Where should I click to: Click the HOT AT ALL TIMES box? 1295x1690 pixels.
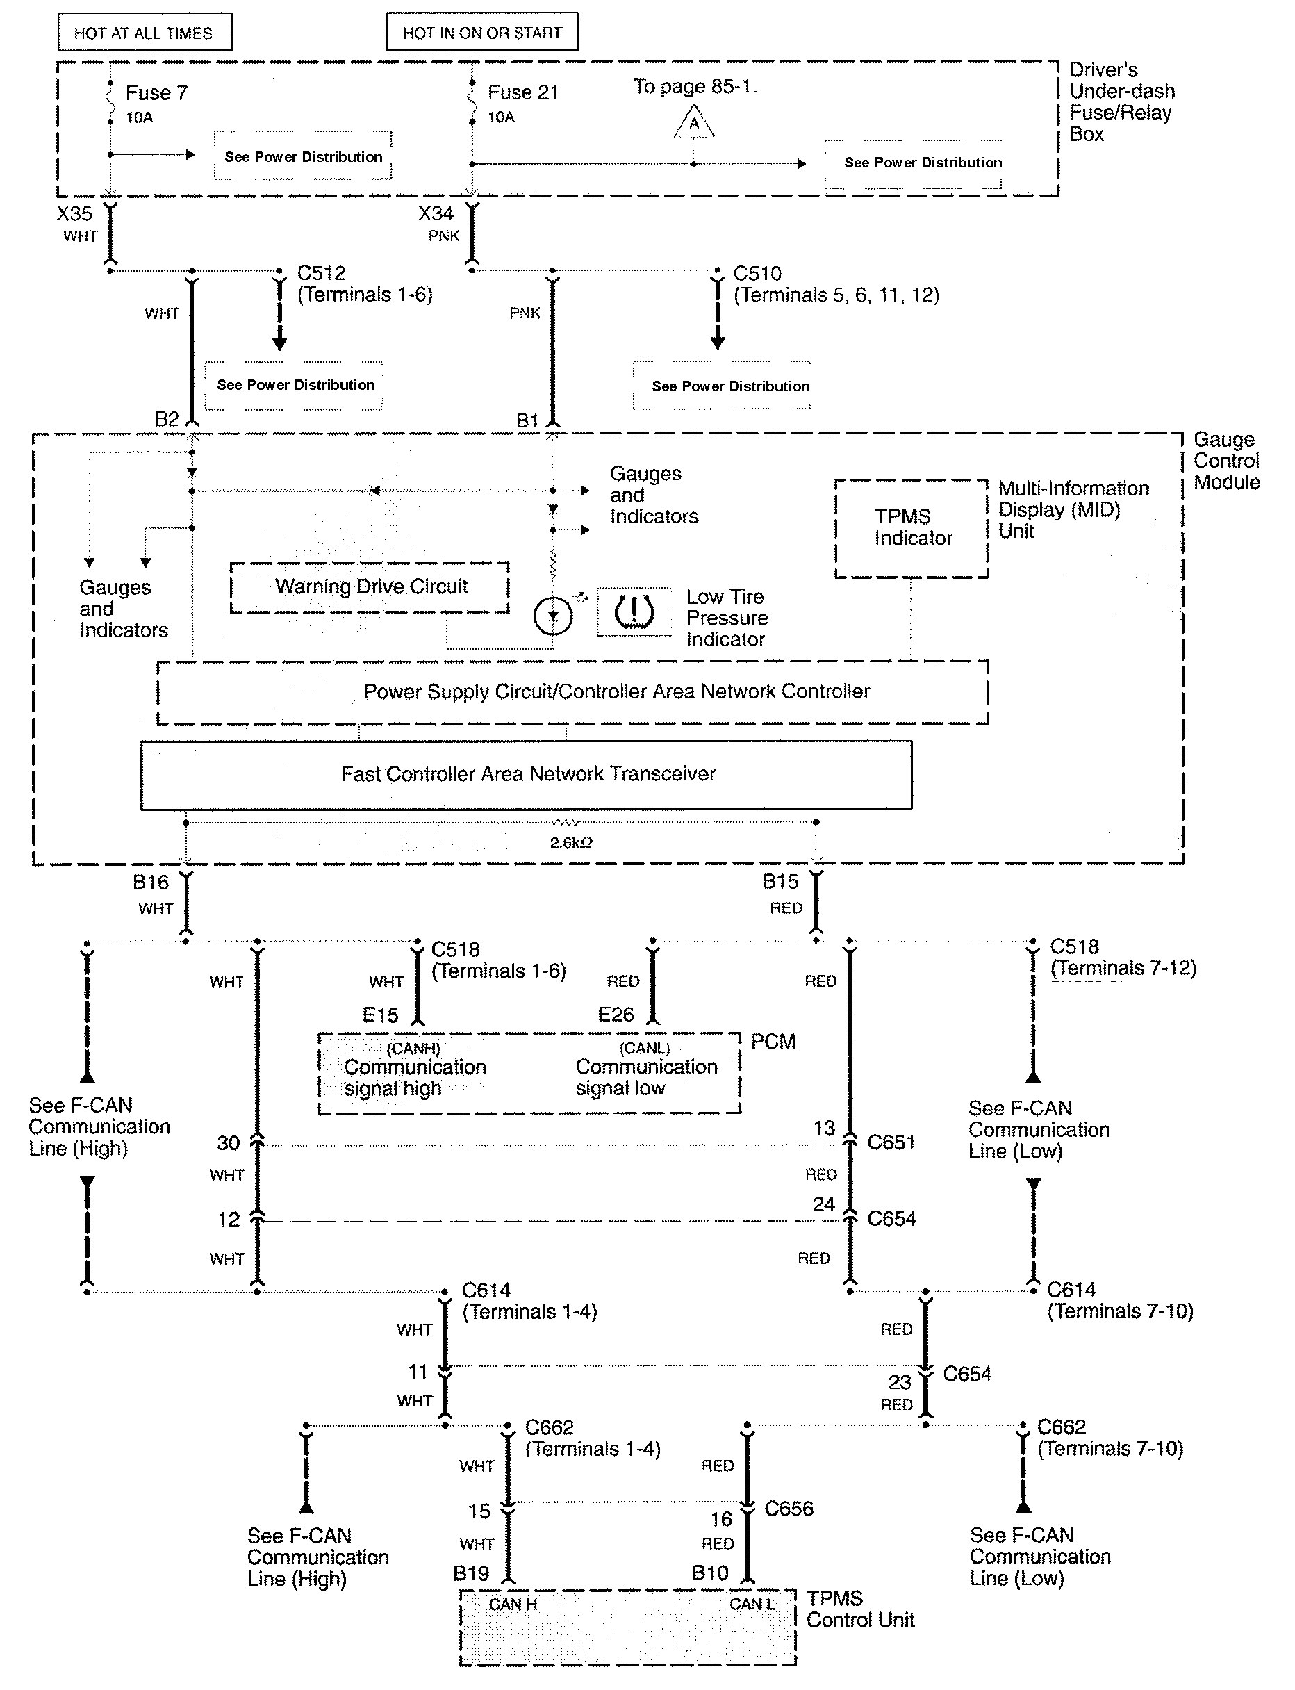pos(144,33)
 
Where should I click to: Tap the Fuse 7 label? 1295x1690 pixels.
pos(156,93)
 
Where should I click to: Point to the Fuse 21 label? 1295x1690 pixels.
pos(522,92)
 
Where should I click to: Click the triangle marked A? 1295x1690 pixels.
pos(695,124)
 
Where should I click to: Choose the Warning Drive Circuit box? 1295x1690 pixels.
pos(370,587)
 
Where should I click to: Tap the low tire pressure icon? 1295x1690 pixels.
pos(634,612)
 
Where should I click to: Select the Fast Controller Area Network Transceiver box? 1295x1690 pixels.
pos(527,774)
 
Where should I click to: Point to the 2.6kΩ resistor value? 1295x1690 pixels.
pos(570,844)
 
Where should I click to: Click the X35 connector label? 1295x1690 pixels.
pos(74,213)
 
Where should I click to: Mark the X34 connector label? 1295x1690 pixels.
pos(436,213)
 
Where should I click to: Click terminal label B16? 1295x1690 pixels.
pos(150,882)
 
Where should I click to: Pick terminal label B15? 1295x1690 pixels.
pos(780,881)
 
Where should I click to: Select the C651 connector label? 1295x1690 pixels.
pos(891,1142)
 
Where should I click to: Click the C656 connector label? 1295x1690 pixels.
pos(789,1509)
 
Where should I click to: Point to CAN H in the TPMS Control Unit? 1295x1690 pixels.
pos(513,1605)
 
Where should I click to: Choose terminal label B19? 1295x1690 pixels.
pos(471,1573)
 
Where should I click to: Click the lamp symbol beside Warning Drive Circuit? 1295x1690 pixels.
pos(553,616)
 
